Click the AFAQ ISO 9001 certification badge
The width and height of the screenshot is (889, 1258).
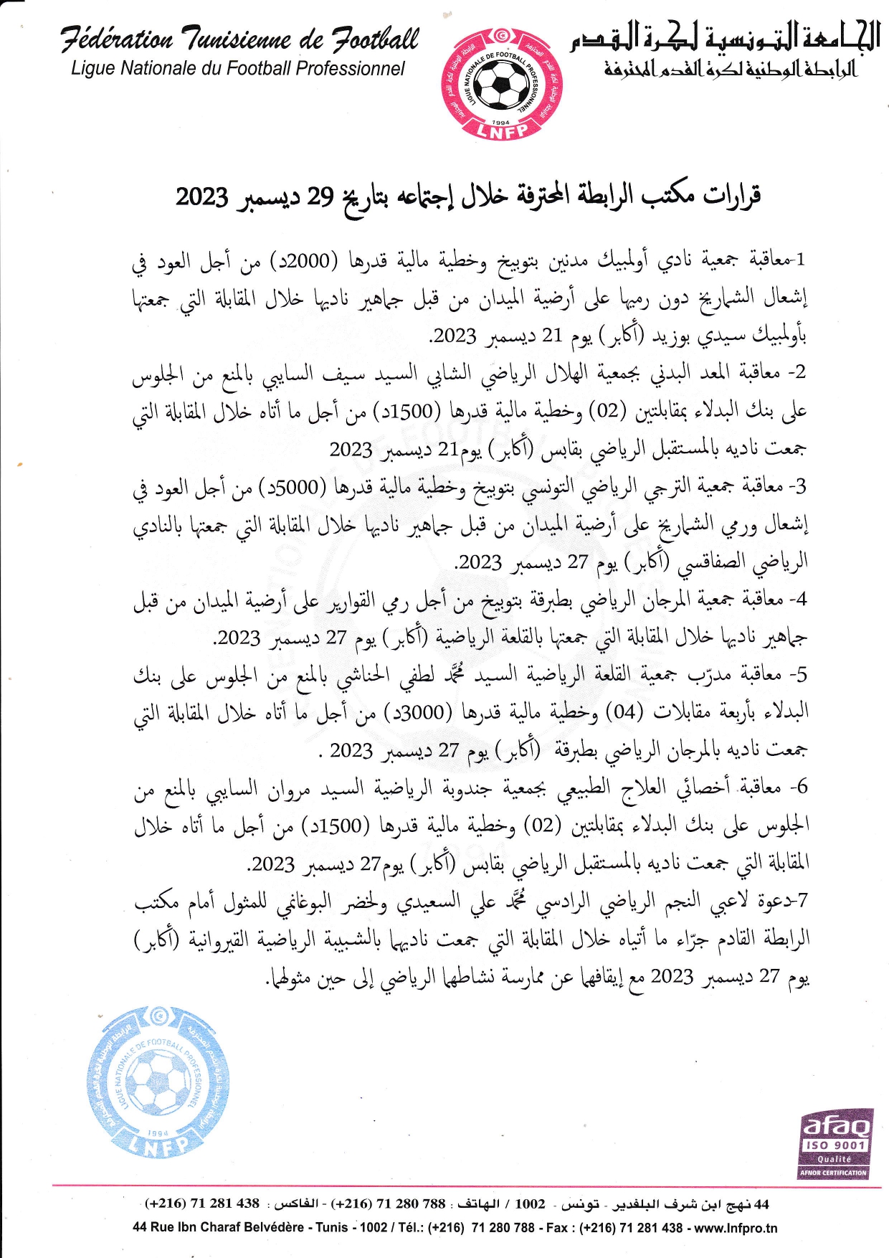[x=834, y=1146]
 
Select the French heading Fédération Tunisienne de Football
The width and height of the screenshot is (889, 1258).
[x=239, y=39]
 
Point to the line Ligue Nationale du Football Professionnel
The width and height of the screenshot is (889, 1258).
[x=238, y=69]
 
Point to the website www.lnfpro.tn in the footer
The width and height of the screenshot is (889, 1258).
[x=736, y=1227]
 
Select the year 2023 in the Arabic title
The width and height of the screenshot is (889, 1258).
[x=202, y=196]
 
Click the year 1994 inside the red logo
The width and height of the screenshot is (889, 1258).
[x=500, y=123]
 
